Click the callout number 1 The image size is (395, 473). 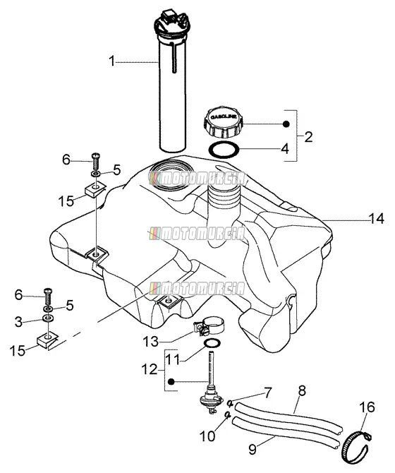click(x=111, y=61)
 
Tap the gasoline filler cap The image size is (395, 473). click(x=224, y=122)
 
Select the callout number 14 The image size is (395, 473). click(x=377, y=218)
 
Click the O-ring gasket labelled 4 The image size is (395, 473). click(x=224, y=150)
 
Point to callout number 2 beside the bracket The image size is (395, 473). click(x=308, y=137)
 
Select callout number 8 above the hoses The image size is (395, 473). click(x=302, y=391)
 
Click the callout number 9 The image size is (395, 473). click(x=253, y=448)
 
